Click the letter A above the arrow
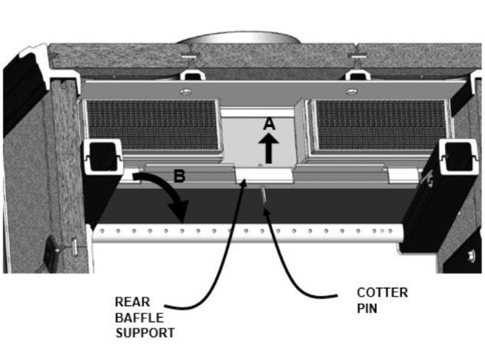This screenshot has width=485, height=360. tap(270, 124)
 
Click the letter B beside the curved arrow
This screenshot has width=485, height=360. tap(179, 176)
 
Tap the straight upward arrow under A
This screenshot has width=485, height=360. tap(268, 148)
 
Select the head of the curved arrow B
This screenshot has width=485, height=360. tap(179, 211)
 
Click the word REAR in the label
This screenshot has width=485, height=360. tap(132, 302)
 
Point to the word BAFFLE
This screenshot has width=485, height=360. tap(139, 318)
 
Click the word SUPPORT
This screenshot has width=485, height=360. tap(145, 333)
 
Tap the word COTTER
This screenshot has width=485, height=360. tap(382, 292)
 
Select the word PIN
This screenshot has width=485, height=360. tap(367, 308)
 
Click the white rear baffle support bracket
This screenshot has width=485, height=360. tap(264, 176)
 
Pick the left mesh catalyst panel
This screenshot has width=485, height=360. tap(152, 125)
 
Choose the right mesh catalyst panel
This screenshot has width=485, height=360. tap(380, 125)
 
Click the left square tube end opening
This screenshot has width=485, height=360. tap(103, 157)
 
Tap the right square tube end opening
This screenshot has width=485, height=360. tap(458, 157)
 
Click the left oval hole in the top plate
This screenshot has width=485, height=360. tap(185, 92)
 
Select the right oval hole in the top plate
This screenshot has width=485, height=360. tap(351, 92)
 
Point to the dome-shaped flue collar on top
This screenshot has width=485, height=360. tap(238, 38)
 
